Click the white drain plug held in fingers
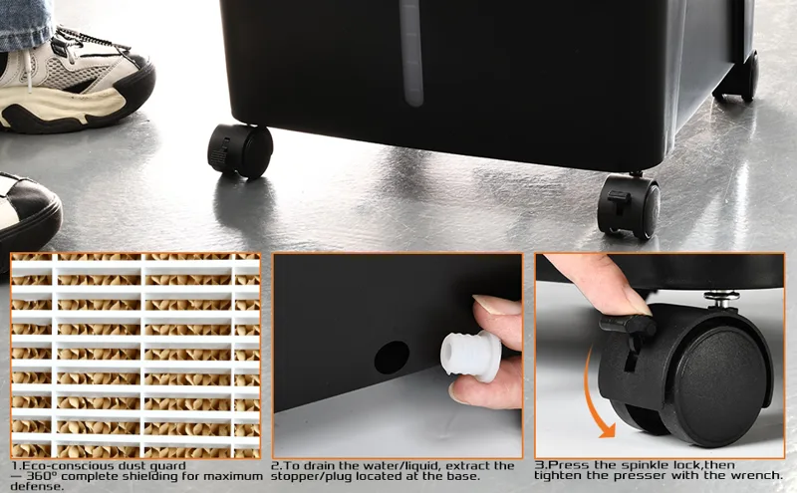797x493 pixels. click(x=470, y=355)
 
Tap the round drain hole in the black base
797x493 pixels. click(x=392, y=358)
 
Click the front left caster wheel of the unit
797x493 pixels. click(x=240, y=150)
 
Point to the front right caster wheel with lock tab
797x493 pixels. click(x=629, y=205)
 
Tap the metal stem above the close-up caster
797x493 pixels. click(x=721, y=299)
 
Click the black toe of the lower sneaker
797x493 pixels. click(x=32, y=213)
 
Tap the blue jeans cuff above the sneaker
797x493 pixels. click(x=26, y=23)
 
